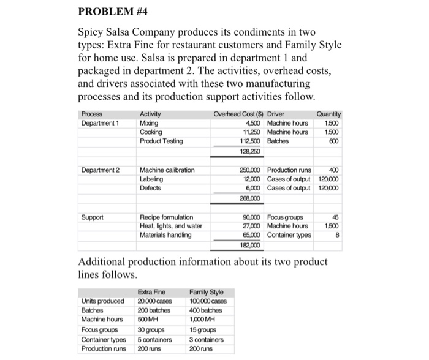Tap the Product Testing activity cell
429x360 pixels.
pyautogui.click(x=161, y=141)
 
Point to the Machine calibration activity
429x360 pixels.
pyautogui.click(x=167, y=170)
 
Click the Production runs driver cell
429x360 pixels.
pyautogui.click(x=290, y=170)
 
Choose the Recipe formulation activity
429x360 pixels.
pyautogui.click(x=167, y=217)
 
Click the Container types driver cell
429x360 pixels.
pyautogui.click(x=292, y=234)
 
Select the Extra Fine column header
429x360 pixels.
pyautogui.click(x=151, y=292)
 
